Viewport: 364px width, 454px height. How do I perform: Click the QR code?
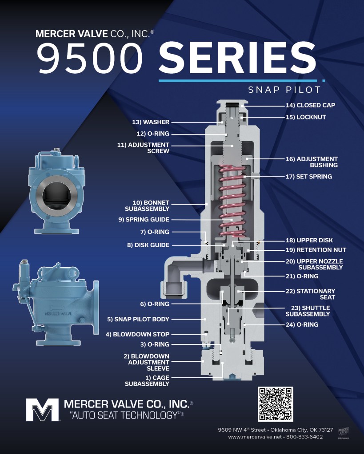[x=275, y=404]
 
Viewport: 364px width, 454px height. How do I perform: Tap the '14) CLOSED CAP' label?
[x=310, y=105]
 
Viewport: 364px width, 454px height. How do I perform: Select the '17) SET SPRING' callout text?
[x=309, y=177]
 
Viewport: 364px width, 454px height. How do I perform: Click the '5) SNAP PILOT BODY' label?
[x=138, y=320]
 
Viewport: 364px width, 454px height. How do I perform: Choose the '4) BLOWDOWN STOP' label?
[x=137, y=335]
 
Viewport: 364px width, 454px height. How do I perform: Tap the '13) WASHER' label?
[x=151, y=122]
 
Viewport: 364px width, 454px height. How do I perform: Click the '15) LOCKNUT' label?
[x=306, y=117]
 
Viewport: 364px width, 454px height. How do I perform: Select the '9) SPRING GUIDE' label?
[x=144, y=220]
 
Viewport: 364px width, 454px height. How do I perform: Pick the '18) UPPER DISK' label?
[x=309, y=241]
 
